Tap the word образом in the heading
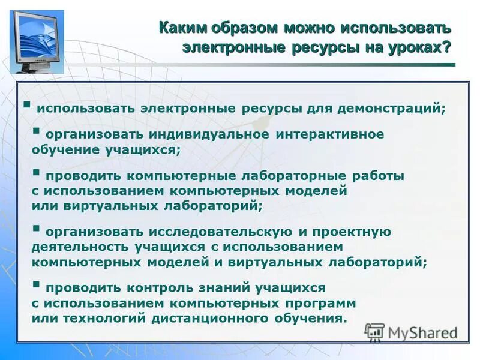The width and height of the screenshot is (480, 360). (242, 28)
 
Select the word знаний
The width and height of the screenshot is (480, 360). (231, 288)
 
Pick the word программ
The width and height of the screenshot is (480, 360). (323, 303)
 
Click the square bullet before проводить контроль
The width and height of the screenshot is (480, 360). (37, 284)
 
